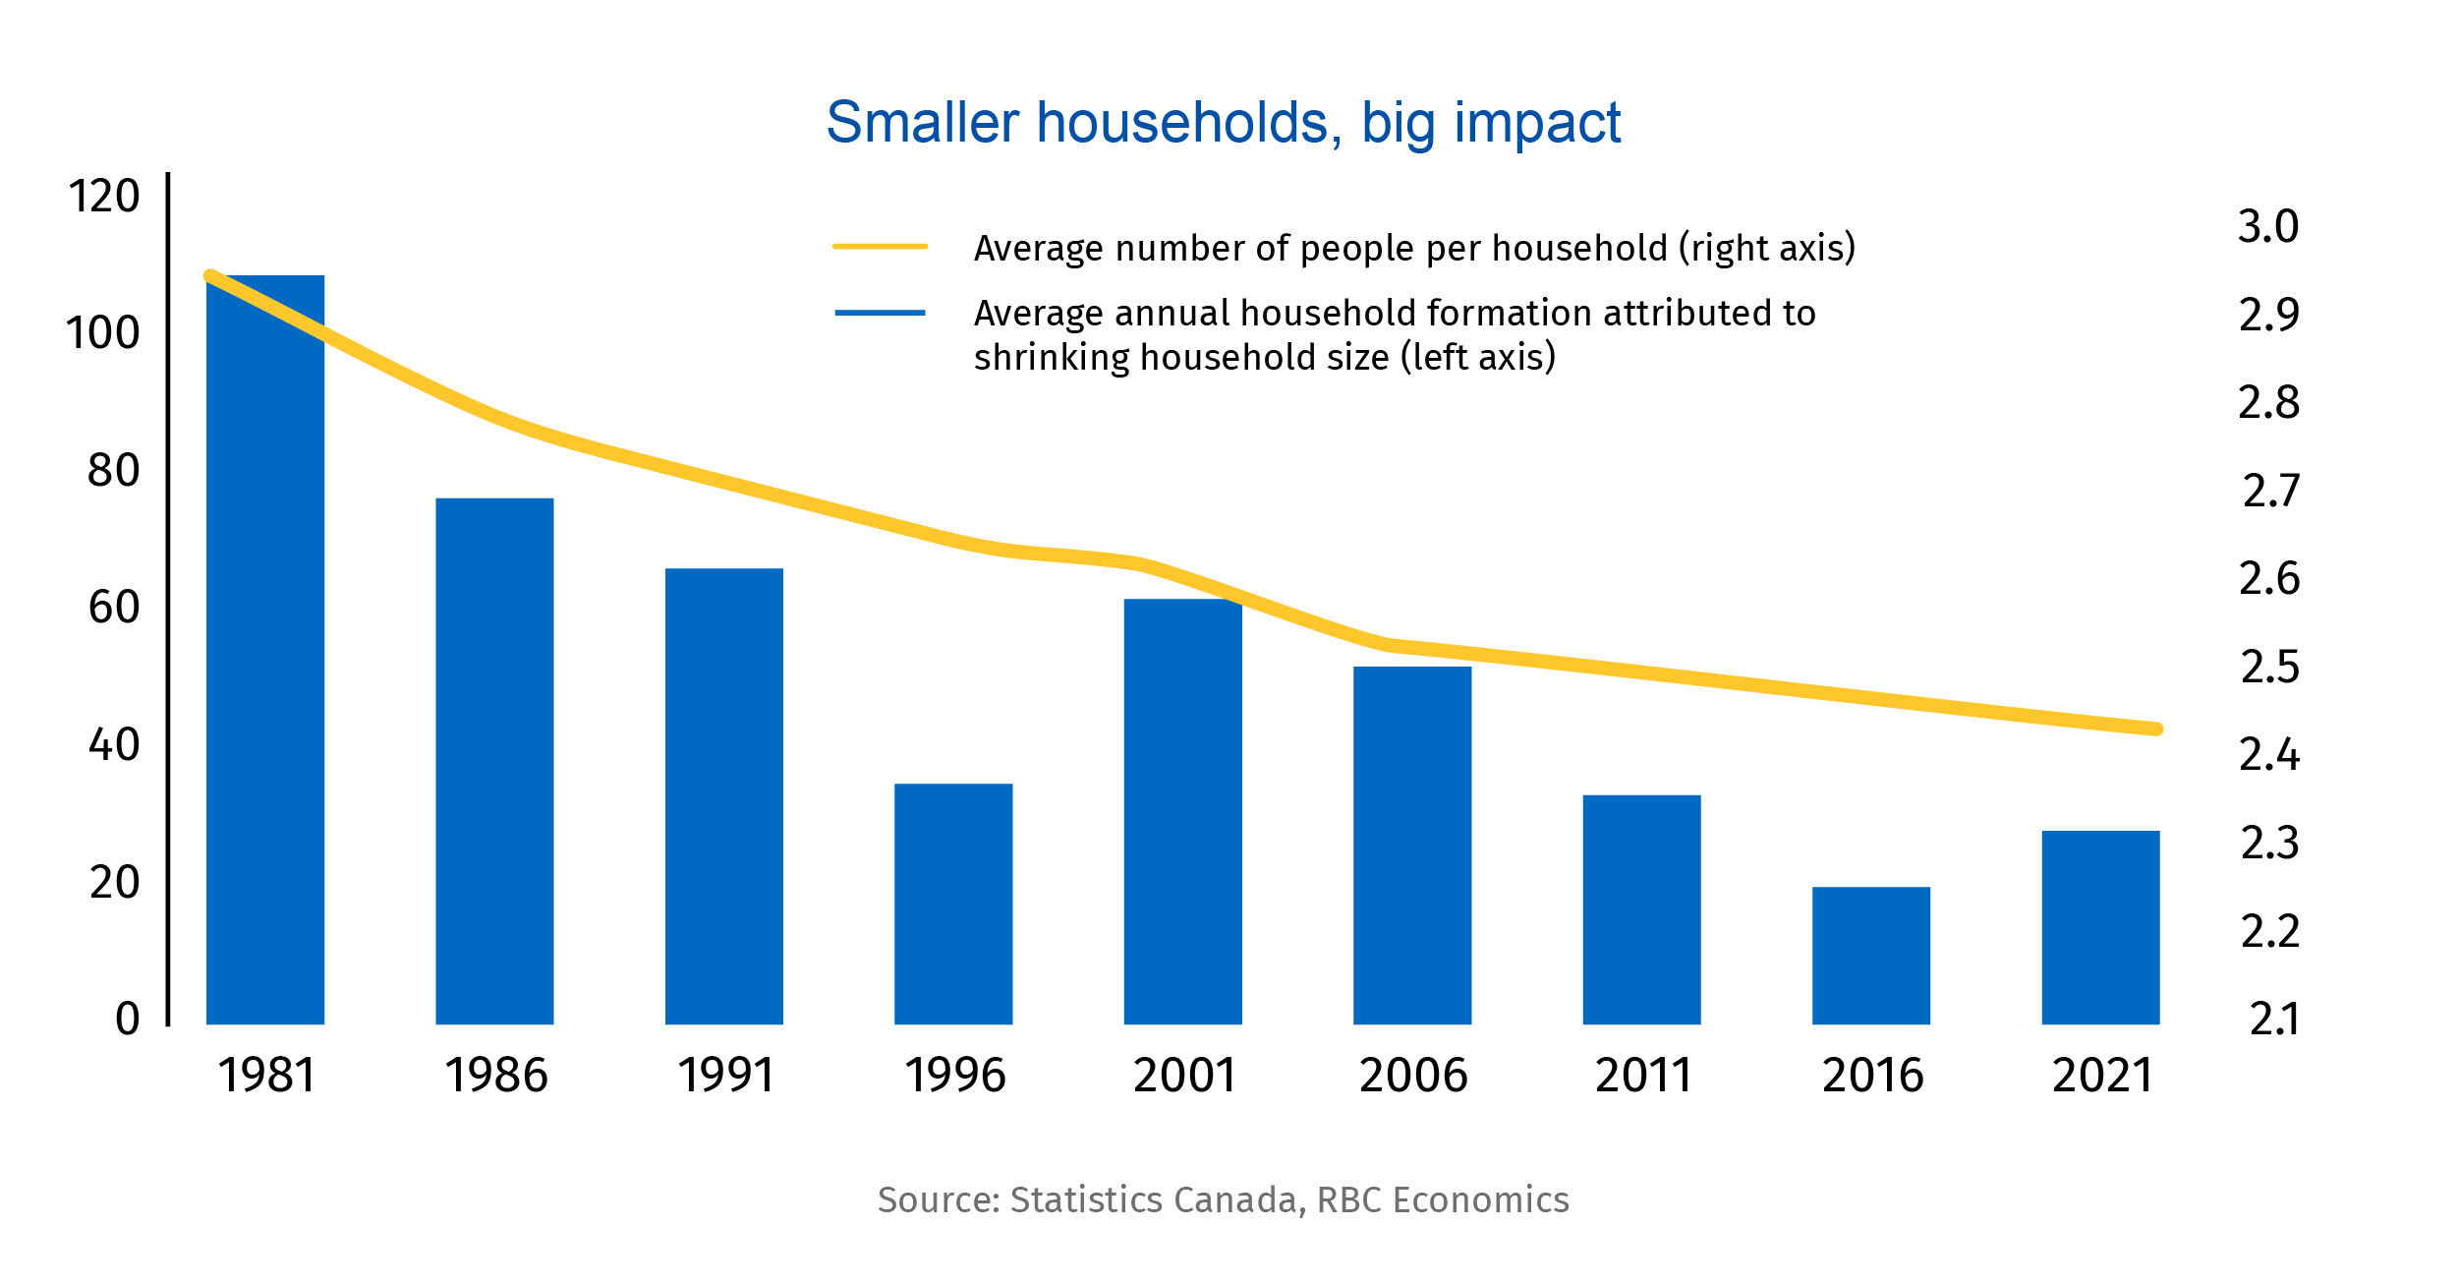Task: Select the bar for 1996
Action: coord(953,904)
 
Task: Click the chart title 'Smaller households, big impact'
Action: coord(1223,123)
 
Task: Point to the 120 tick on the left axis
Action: coord(103,196)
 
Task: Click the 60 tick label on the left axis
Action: coord(114,607)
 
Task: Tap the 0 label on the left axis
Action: coord(128,1019)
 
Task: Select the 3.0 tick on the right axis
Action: coord(2268,226)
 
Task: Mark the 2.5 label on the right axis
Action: coord(2269,667)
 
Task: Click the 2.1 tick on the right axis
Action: coord(2273,1020)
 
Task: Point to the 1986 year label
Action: coord(495,1075)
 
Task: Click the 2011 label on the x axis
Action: coord(1642,1075)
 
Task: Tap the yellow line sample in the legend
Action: coord(880,247)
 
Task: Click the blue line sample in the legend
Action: coord(880,313)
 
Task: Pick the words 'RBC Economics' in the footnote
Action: coord(1442,1200)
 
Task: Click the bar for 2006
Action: coord(1412,846)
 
